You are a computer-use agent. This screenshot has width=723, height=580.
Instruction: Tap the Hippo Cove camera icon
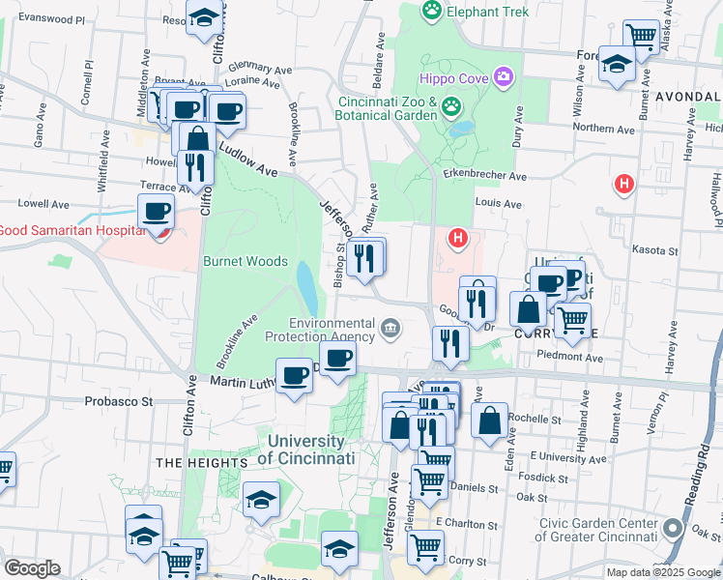(x=502, y=76)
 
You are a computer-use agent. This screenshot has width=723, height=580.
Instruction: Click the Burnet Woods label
(x=246, y=261)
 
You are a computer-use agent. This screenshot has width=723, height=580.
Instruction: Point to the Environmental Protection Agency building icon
(x=390, y=329)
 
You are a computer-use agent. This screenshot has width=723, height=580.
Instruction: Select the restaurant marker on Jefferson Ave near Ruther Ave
(x=364, y=257)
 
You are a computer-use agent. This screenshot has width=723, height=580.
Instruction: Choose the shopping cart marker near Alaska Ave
(x=640, y=36)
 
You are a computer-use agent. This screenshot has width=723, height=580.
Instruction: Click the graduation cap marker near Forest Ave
(x=616, y=64)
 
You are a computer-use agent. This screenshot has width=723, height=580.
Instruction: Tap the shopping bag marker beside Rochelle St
(x=490, y=420)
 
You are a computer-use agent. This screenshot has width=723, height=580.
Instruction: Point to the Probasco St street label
(x=119, y=400)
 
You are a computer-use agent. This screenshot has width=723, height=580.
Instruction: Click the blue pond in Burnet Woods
(x=305, y=282)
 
